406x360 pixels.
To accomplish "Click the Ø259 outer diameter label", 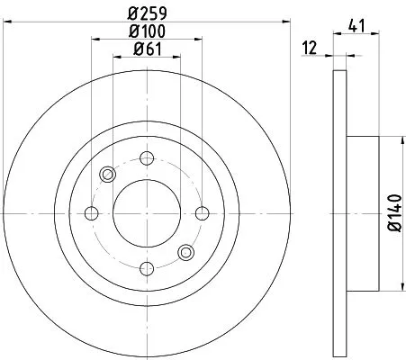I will (145, 13).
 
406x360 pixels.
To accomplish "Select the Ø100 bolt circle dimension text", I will (145, 33).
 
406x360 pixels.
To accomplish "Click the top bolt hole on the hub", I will (145, 159).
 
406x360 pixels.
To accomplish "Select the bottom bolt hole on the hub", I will (145, 267).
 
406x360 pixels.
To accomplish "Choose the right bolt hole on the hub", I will (199, 213).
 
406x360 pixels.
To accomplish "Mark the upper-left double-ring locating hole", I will (107, 175).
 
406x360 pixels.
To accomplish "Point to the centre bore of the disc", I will (145, 213).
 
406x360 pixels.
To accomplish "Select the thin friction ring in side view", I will (339, 213).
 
